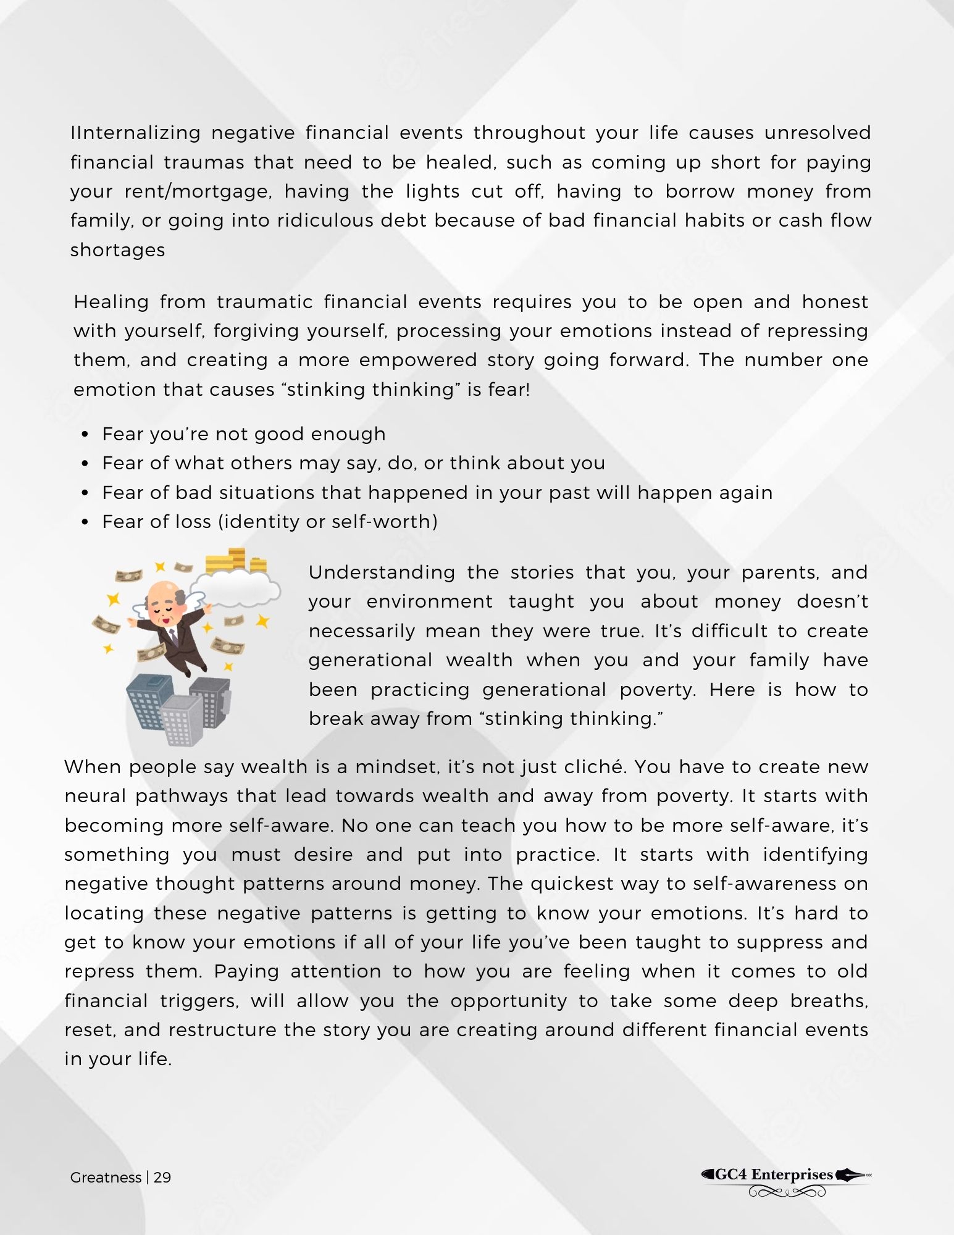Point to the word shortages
click(117, 250)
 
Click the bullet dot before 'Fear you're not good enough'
click(85, 435)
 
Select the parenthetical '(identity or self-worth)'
click(328, 522)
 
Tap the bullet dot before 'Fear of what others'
click(85, 464)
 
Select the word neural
click(96, 797)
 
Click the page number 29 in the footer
click(162, 1178)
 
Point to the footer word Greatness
click(106, 1178)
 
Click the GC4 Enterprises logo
click(786, 1181)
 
